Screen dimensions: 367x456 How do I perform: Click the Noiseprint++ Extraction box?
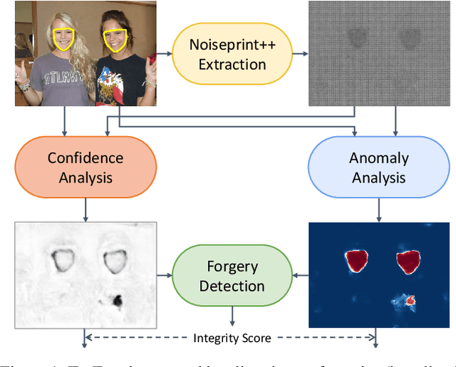(232, 54)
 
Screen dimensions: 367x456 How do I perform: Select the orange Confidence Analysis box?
(85, 167)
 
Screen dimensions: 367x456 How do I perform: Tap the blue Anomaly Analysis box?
(378, 167)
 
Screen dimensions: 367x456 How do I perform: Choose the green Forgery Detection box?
(232, 276)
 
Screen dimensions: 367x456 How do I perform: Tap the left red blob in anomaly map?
(356, 262)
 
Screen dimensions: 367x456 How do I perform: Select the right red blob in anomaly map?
(409, 262)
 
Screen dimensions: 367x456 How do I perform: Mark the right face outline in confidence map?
(113, 262)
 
